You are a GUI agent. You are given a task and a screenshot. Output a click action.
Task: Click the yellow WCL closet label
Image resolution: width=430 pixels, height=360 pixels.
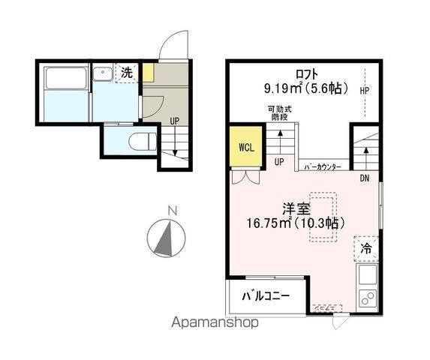coord(247,148)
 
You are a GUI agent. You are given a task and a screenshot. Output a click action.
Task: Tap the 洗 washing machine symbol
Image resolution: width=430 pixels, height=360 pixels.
coord(127,73)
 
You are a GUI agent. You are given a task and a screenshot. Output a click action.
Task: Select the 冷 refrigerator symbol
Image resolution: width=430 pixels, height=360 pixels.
coord(366,248)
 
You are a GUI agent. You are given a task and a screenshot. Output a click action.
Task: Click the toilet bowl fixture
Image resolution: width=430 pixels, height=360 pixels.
coord(143,142)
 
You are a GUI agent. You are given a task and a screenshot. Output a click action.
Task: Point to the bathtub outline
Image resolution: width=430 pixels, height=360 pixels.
coord(66,78)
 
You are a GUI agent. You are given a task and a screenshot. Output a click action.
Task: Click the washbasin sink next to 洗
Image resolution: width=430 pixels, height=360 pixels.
coord(103,72)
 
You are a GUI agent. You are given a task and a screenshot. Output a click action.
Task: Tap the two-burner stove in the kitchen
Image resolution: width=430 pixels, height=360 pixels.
coord(368,298)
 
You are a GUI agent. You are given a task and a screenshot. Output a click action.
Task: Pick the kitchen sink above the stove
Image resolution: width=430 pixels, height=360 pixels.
coord(368,274)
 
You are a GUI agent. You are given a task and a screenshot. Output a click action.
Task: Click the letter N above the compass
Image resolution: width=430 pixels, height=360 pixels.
coord(173,211)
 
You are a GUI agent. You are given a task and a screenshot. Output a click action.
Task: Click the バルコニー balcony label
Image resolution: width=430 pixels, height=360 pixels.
coord(266,296)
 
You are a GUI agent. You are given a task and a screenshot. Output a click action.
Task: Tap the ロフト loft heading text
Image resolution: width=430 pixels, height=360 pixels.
coord(307,74)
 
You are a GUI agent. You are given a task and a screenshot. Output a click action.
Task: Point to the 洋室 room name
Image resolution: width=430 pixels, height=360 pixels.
coord(296,209)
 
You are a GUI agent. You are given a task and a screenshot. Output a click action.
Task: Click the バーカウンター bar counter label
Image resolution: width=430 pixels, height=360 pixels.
coord(323,166)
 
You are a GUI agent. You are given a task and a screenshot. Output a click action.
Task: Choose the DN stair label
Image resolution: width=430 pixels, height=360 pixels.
coord(365,178)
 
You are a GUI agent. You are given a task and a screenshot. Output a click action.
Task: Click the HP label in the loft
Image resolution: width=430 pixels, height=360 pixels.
coord(365,91)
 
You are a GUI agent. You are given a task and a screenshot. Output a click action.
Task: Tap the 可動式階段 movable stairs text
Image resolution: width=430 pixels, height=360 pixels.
coord(280,113)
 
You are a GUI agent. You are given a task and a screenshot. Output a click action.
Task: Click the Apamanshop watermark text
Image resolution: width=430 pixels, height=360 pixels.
coord(215,322)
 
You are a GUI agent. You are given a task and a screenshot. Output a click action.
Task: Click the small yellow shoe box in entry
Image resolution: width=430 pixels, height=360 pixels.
coord(149,73)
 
